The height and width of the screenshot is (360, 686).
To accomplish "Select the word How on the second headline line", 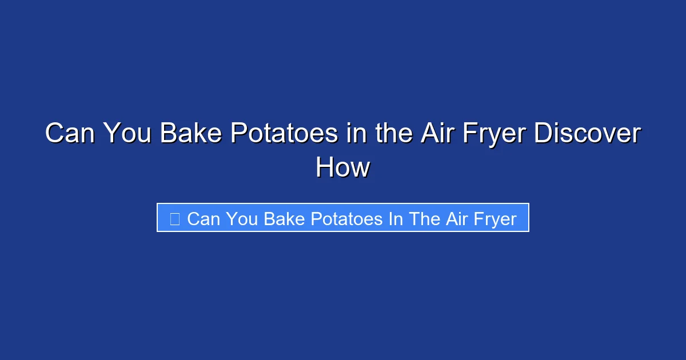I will point(343,168).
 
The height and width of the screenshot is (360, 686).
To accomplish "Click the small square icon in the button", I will point(174,218).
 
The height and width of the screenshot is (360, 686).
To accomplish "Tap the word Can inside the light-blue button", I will point(203,219).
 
